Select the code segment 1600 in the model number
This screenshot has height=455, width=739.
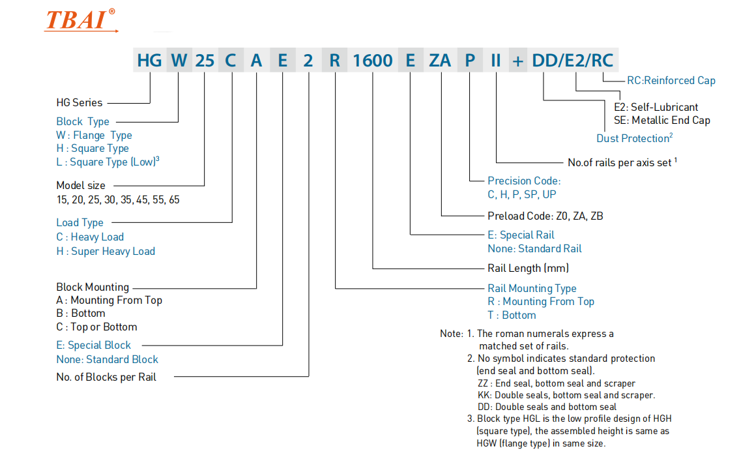[373, 61]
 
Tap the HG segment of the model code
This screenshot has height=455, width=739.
[149, 61]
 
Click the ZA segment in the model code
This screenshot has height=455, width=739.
[440, 61]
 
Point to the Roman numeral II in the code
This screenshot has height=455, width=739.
[496, 61]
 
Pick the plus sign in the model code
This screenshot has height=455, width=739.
[517, 61]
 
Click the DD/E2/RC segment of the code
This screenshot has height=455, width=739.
[572, 61]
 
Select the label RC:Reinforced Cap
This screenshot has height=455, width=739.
[671, 81]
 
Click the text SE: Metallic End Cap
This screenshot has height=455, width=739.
[661, 120]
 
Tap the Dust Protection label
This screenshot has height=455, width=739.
[634, 138]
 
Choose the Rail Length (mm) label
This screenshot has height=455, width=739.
[528, 268]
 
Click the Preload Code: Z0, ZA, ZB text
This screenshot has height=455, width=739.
[545, 216]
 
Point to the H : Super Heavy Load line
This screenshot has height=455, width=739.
[106, 251]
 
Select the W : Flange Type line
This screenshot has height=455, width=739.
[94, 135]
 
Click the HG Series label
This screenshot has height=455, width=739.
[79, 102]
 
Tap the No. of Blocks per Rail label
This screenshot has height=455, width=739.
[106, 377]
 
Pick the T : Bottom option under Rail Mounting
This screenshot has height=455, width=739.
[512, 315]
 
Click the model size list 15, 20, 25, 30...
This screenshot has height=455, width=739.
[118, 199]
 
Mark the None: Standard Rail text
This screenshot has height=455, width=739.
[534, 248]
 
